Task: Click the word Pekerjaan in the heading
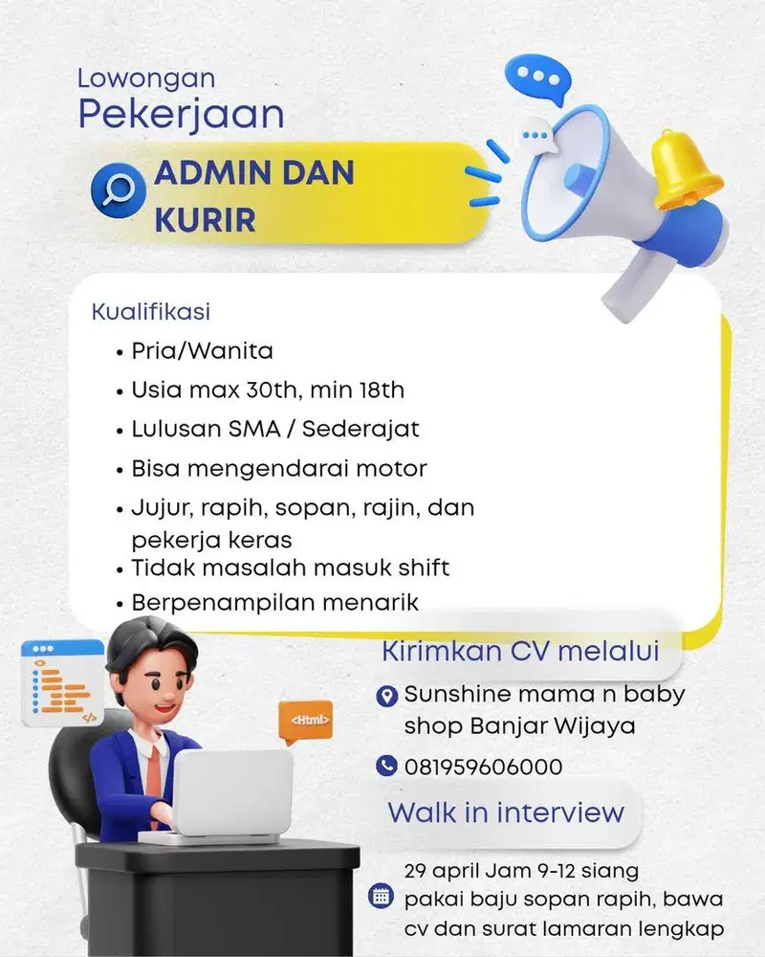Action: [x=181, y=114]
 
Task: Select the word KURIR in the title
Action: [x=205, y=219]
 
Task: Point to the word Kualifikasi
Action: [x=151, y=312]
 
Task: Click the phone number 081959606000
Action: [x=483, y=767]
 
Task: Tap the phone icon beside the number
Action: [x=386, y=766]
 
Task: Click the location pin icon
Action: [x=387, y=696]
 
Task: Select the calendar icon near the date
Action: [x=381, y=898]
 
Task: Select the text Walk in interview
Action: [x=505, y=812]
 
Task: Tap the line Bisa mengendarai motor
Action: [x=279, y=468]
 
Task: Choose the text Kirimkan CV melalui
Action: [x=520, y=652]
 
